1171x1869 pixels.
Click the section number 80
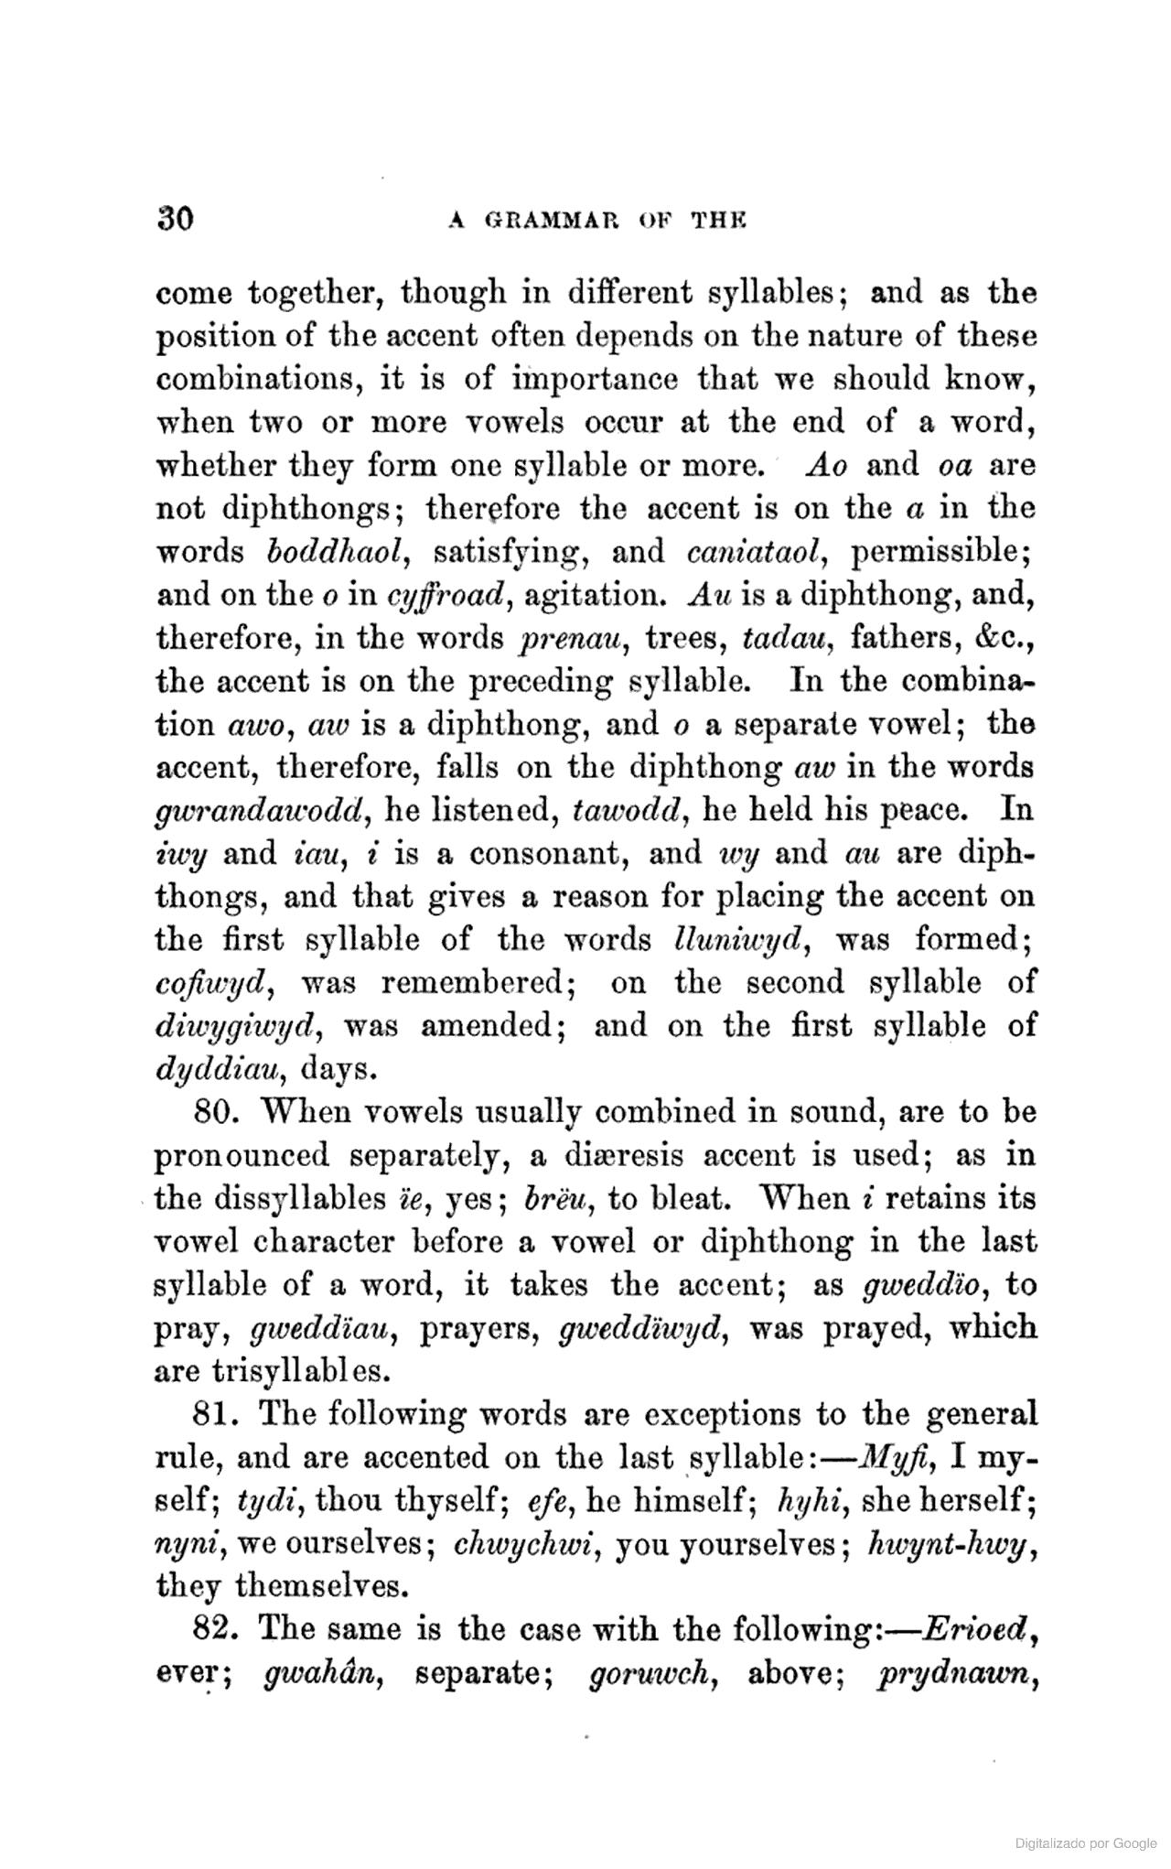coord(218,1113)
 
